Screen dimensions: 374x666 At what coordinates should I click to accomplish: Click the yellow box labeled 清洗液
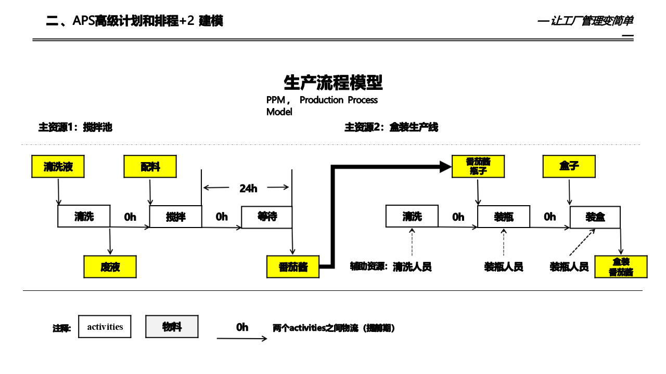(x=58, y=167)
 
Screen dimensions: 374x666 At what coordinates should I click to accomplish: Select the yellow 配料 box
(x=150, y=167)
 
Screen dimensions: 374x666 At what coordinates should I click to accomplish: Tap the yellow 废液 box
(x=110, y=267)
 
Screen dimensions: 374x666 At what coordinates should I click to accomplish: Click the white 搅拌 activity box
(x=175, y=217)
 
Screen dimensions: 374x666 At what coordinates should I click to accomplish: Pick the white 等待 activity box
(x=267, y=217)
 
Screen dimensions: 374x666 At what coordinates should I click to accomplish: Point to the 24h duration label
(x=248, y=188)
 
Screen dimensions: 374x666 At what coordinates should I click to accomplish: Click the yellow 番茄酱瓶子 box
(x=478, y=166)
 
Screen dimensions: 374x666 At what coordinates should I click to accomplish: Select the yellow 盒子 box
(x=569, y=167)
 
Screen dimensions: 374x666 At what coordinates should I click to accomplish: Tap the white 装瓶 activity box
(x=504, y=217)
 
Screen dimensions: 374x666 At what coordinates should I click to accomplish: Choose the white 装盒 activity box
(x=595, y=217)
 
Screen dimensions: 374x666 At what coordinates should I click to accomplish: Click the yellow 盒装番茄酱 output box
(x=621, y=267)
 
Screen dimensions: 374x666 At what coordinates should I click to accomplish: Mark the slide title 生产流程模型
(x=333, y=83)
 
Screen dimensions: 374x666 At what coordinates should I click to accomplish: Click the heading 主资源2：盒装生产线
(x=391, y=127)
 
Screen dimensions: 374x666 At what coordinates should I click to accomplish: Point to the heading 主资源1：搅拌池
(x=75, y=127)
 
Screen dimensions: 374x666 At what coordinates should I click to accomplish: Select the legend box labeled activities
(x=105, y=327)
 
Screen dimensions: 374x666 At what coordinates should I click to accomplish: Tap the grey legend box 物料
(x=172, y=327)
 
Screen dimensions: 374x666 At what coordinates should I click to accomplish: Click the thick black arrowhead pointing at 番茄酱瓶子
(x=445, y=167)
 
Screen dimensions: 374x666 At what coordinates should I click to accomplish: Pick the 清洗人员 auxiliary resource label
(x=412, y=267)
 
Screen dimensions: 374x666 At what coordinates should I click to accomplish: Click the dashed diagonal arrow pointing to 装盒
(x=582, y=243)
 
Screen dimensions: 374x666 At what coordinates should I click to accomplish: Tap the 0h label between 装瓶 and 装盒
(x=550, y=217)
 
